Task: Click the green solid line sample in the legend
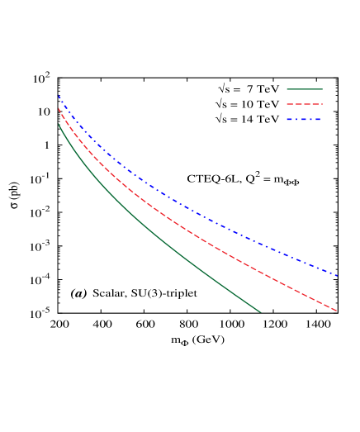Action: coord(304,89)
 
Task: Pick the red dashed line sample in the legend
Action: coord(304,104)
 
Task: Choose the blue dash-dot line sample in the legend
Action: coord(304,120)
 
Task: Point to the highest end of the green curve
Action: coord(59,125)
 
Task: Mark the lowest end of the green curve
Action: coord(261,312)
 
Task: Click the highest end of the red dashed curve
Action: coord(59,108)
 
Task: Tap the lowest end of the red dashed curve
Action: coord(337,311)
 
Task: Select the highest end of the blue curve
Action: coord(59,96)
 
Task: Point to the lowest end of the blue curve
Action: coord(338,276)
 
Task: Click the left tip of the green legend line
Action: coord(287,89)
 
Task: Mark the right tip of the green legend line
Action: coord(322,89)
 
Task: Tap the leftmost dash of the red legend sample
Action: coord(289,104)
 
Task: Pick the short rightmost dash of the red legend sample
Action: coord(321,104)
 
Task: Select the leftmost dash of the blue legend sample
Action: coord(290,120)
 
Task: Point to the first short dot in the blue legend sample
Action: coord(296,120)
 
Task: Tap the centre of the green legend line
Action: coord(305,89)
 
